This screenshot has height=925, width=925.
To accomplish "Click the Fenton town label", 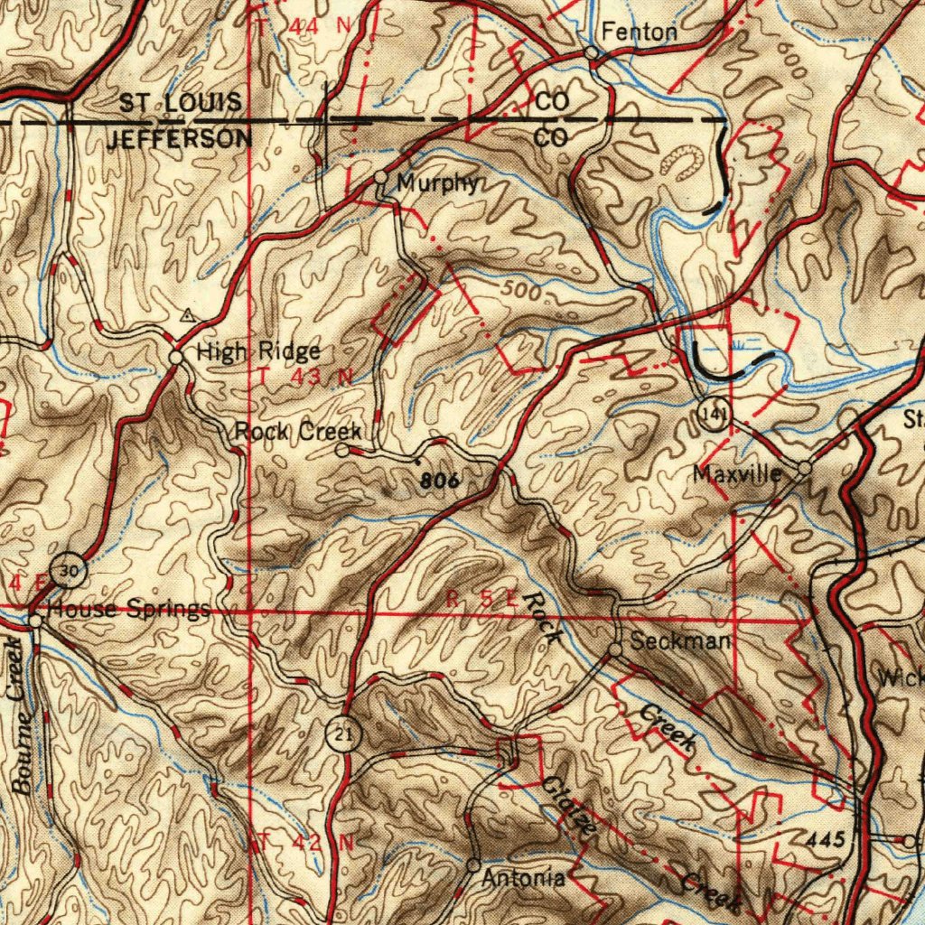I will [639, 33].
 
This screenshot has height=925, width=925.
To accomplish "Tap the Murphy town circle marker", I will [381, 176].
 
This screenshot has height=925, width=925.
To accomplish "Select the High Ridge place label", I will [258, 351].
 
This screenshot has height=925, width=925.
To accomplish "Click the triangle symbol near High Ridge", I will [187, 315].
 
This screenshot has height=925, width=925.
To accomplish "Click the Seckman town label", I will [680, 642].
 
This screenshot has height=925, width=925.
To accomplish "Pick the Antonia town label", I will [524, 877].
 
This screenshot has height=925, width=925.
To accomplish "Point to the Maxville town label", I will [738, 473].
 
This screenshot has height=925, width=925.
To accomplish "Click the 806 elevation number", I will [441, 481].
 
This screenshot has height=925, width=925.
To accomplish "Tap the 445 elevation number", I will [827, 840].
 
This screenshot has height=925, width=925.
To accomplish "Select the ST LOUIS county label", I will [181, 102].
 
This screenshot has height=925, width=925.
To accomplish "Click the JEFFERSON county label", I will [180, 139].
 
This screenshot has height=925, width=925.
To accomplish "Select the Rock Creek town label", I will [298, 431].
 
